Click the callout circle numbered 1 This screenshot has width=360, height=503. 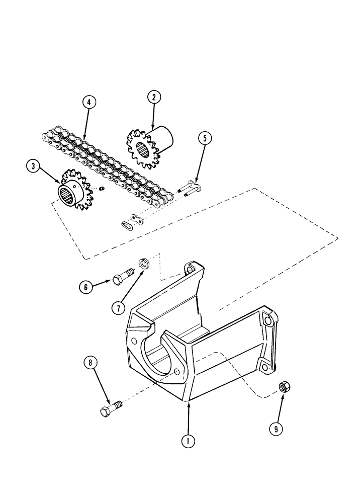coord(188,441)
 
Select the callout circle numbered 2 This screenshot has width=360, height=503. coord(153,98)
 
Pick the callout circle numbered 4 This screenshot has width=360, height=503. coord(88,103)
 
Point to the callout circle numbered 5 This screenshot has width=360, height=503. coord(204,139)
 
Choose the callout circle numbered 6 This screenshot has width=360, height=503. coord(85,287)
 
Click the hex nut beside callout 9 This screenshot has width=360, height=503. coord(283,387)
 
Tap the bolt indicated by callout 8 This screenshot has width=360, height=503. coord(111,408)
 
